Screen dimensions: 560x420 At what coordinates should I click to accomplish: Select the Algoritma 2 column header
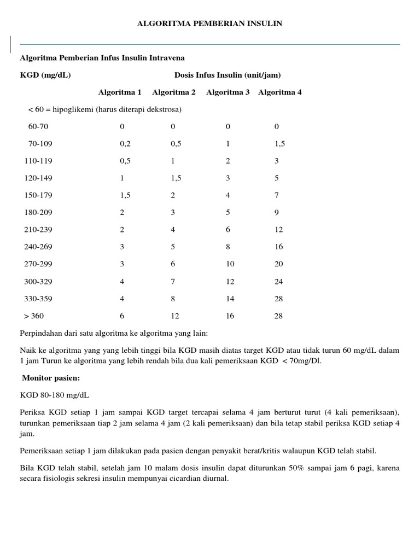[174, 92]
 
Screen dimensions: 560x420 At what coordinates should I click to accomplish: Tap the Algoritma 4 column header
[280, 92]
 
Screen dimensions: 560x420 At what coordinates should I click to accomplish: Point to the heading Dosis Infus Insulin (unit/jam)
[227, 74]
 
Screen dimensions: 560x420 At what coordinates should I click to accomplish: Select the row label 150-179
[38, 195]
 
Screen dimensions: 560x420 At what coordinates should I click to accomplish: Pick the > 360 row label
[34, 316]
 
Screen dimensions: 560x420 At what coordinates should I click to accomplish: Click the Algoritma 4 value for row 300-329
[279, 282]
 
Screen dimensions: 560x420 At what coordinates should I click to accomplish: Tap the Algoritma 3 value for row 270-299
[230, 264]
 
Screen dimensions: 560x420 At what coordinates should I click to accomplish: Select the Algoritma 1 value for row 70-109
[125, 144]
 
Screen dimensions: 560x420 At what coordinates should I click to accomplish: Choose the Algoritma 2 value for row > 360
[176, 316]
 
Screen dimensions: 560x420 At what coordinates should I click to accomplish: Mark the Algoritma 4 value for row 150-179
[277, 195]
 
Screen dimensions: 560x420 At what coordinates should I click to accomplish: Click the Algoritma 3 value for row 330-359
[230, 299]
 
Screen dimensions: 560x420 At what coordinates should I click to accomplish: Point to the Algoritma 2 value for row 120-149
[176, 178]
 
